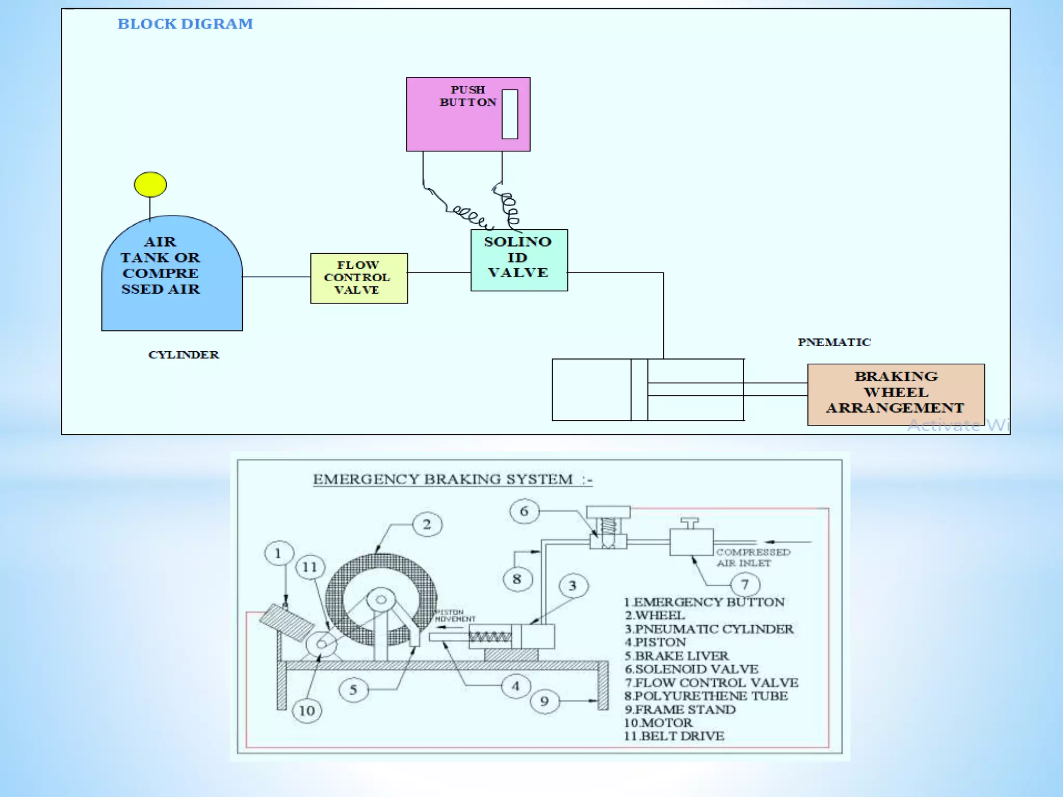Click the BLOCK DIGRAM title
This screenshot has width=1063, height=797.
tap(185, 24)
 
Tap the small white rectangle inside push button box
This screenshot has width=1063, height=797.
tap(510, 114)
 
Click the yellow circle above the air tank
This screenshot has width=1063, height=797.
tap(150, 184)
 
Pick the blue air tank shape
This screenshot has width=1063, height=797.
tap(172, 306)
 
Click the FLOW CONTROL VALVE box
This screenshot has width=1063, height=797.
tap(359, 278)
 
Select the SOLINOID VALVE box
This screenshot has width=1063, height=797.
tap(519, 259)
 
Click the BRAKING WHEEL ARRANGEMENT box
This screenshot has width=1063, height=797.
tap(895, 394)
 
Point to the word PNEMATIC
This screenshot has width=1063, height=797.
tap(834, 342)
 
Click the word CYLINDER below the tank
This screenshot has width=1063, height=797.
tap(183, 355)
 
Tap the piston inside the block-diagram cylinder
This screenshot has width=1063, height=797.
tap(639, 389)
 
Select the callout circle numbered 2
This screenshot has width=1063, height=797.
tap(427, 525)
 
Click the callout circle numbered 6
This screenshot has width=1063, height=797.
tap(524, 512)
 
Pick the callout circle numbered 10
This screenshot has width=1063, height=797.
tap(307, 710)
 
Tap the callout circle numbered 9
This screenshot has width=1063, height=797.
tap(544, 702)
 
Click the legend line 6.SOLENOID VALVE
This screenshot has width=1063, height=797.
tap(691, 669)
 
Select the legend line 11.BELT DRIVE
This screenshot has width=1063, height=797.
tap(674, 736)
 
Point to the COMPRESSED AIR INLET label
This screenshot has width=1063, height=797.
tap(753, 558)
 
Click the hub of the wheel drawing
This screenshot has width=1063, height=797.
tap(381, 600)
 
